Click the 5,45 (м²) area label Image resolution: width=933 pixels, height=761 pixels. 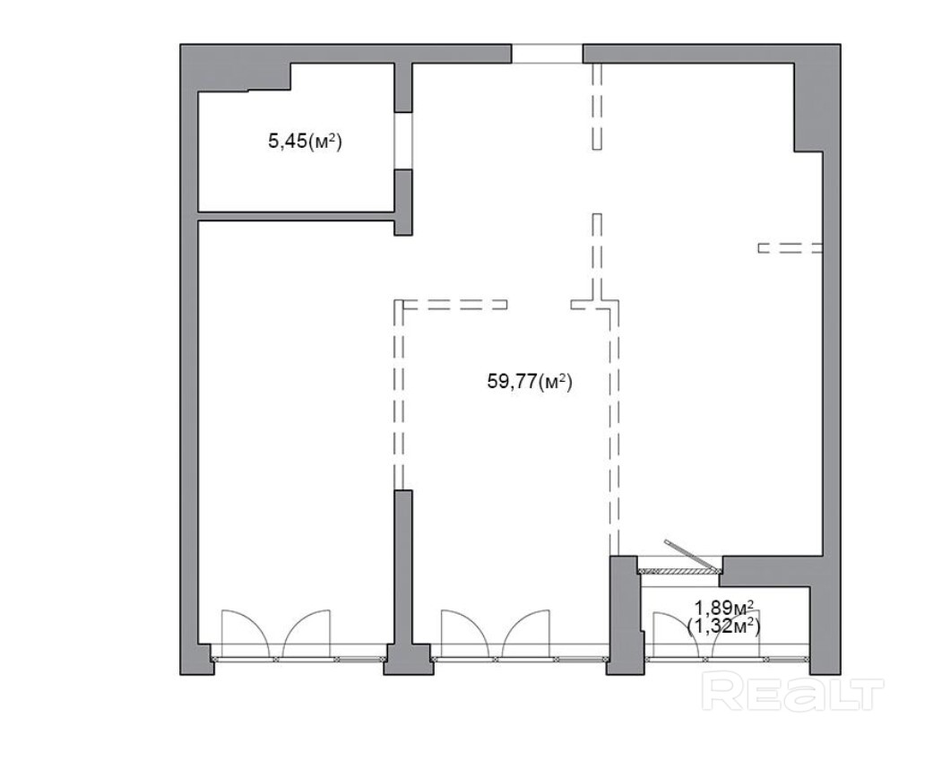click(x=306, y=142)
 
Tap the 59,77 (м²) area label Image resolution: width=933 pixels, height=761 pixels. click(x=530, y=381)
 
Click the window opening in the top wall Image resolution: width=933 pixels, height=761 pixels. click(x=548, y=54)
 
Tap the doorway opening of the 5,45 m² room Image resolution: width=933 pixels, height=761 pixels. click(x=403, y=141)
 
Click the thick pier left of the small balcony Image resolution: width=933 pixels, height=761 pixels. click(x=625, y=614)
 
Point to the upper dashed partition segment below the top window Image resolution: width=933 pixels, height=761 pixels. click(x=598, y=107)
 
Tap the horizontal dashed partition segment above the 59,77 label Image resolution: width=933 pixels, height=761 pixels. click(x=455, y=305)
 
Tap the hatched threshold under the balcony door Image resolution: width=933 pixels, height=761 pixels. click(x=678, y=571)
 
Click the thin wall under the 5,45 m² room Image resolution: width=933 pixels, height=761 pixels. click(x=297, y=216)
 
